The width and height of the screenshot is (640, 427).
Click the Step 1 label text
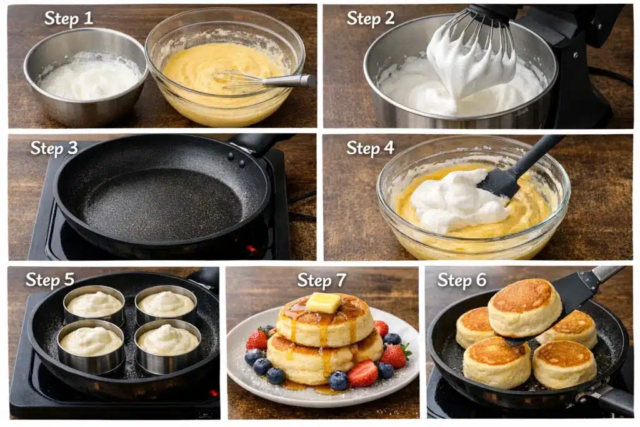pyautogui.click(x=68, y=19)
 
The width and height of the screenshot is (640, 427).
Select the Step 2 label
pyautogui.click(x=371, y=19)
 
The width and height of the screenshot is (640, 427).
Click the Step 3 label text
pyautogui.click(x=54, y=148)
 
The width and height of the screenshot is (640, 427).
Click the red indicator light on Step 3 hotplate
pyautogui.click(x=251, y=249)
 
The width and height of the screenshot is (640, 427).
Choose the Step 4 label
pyautogui.click(x=371, y=148)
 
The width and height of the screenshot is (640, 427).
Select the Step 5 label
pyautogui.click(x=50, y=280)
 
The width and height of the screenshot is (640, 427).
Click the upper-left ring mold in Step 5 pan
pyautogui.click(x=94, y=304)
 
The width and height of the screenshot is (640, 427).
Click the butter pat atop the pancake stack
pyautogui.click(x=323, y=303)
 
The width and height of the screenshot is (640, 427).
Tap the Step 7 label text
pyautogui.click(x=321, y=280)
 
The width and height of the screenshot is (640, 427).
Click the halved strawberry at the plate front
pyautogui.click(x=363, y=373)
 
